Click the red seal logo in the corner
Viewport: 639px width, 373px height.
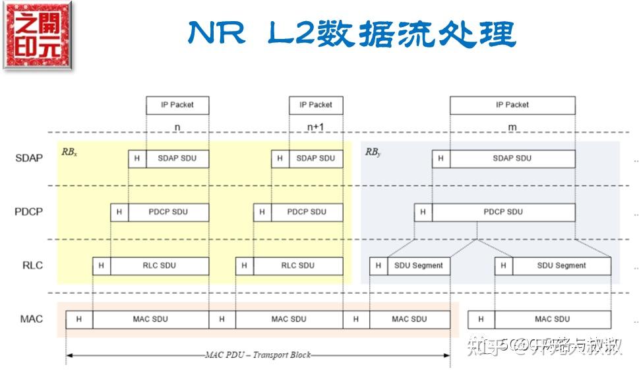(x=38, y=36)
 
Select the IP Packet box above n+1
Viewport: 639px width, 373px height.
(x=316, y=105)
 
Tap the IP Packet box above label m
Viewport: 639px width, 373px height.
(x=512, y=105)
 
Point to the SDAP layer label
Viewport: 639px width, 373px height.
(x=29, y=158)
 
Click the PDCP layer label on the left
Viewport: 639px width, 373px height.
(x=29, y=212)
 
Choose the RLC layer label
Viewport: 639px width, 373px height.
(x=32, y=265)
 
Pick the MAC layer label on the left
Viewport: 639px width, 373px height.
(x=31, y=319)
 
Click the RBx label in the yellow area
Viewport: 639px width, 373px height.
(x=69, y=152)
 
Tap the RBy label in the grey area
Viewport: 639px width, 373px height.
(x=373, y=152)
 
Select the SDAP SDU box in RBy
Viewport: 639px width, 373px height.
(x=512, y=158)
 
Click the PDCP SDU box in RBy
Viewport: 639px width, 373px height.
(x=502, y=212)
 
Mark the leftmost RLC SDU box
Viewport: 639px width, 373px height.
(x=159, y=265)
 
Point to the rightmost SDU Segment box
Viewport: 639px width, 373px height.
(x=561, y=265)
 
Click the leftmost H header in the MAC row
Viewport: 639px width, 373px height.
(x=79, y=320)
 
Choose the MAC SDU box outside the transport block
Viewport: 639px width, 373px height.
(x=552, y=320)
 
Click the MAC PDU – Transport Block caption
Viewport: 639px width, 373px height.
(x=257, y=355)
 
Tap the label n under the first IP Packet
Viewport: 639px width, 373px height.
(x=177, y=127)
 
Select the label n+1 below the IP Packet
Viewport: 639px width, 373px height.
(x=316, y=127)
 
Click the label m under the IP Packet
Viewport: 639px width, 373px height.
(x=512, y=127)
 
